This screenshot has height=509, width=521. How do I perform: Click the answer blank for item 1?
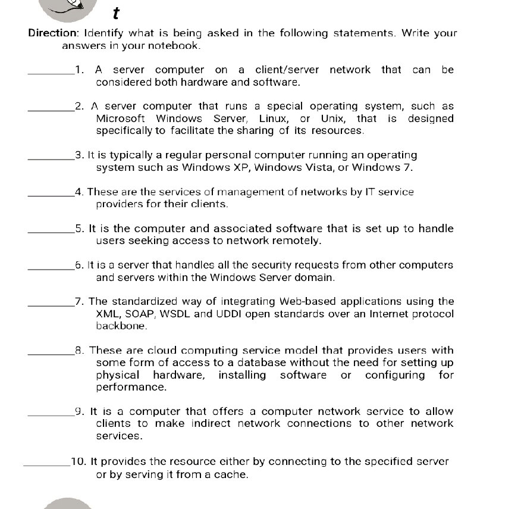tap(51, 73)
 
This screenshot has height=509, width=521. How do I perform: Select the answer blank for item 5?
tap(51, 232)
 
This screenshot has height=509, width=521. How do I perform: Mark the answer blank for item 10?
tap(46, 465)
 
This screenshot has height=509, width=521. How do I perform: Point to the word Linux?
tap(273, 118)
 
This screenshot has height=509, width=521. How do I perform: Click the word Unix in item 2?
tap(333, 118)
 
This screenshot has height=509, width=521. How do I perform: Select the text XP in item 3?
tap(243, 167)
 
